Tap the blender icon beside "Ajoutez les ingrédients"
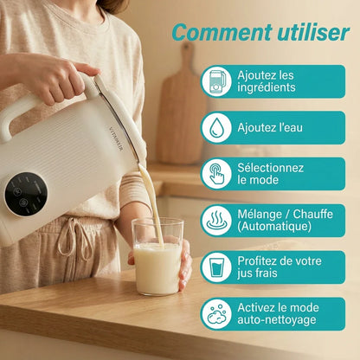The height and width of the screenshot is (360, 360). [216, 82]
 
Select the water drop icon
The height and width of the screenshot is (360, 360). [216, 128]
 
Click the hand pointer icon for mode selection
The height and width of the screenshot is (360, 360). [216, 174]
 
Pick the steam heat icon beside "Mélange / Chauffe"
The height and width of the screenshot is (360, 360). [216, 221]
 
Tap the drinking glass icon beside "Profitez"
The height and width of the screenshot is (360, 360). [216, 267]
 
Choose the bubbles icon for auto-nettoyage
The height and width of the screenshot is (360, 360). [216, 314]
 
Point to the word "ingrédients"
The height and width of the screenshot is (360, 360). [267, 88]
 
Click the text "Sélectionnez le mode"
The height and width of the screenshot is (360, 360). [270, 174]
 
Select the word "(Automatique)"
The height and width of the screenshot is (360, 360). [275, 227]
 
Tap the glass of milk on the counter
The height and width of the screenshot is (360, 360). [158, 263]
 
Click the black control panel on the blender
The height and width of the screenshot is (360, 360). [26, 193]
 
